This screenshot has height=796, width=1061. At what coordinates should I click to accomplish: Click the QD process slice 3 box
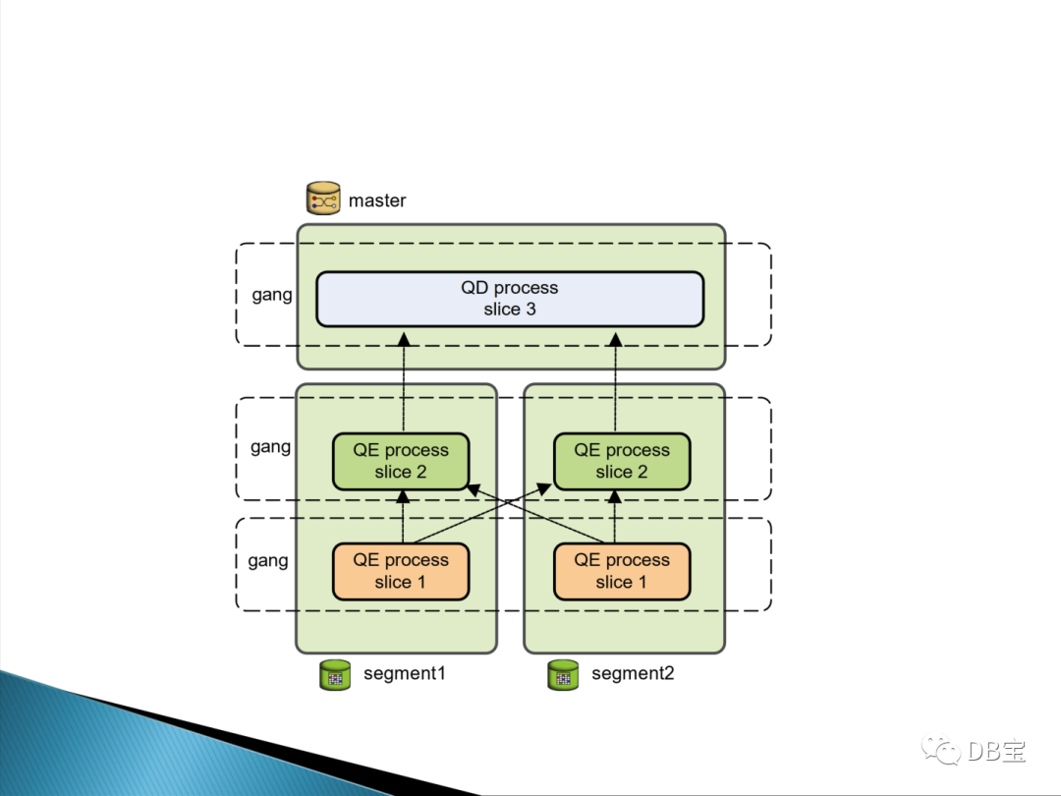tap(509, 299)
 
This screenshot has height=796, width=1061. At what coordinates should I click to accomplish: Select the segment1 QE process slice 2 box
tap(401, 461)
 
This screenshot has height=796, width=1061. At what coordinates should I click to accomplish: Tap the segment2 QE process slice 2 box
tap(622, 461)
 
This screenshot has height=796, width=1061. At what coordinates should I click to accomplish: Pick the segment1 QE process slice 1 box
tap(401, 571)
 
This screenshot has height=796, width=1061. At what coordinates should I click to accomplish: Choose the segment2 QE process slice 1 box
tap(622, 571)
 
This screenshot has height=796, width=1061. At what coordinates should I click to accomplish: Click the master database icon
tap(322, 199)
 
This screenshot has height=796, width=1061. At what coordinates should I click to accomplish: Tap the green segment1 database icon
tap(335, 675)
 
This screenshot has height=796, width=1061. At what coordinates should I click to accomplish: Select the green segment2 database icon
tap(562, 675)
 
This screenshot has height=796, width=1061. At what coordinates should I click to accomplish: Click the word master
tap(377, 200)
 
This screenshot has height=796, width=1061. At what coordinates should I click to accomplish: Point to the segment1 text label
tap(405, 674)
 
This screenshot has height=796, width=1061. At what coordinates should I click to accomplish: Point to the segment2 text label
tap(633, 674)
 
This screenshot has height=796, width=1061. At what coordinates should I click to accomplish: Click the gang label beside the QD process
tap(272, 295)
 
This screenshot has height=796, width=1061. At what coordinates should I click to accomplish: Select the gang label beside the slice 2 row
tap(270, 447)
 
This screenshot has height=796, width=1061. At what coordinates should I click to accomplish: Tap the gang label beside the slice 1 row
tap(268, 560)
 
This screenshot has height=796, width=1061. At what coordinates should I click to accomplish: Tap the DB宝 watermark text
tap(996, 752)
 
